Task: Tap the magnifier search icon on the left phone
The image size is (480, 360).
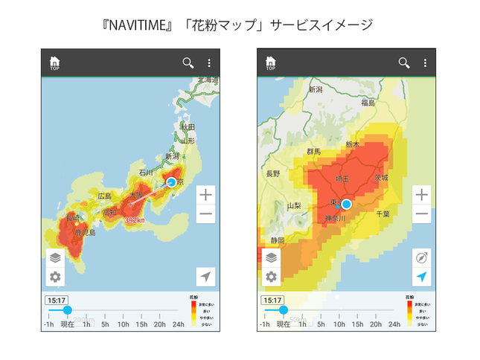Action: (x=188, y=62)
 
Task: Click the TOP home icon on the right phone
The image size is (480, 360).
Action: (x=271, y=63)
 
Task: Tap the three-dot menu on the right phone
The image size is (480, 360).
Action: (x=425, y=62)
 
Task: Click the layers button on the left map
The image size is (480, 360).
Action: (x=55, y=258)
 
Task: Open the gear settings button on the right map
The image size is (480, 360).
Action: (x=271, y=277)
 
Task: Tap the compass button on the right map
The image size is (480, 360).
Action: (x=422, y=258)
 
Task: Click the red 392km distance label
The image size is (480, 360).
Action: (x=135, y=220)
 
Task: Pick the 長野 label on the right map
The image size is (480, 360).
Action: (x=273, y=173)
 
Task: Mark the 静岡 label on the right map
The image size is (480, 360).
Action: (x=278, y=240)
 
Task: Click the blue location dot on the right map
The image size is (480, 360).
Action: (x=346, y=204)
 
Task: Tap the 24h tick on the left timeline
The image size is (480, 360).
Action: (x=179, y=324)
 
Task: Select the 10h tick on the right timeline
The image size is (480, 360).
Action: (x=339, y=324)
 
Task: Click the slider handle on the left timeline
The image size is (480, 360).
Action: (x=67, y=310)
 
